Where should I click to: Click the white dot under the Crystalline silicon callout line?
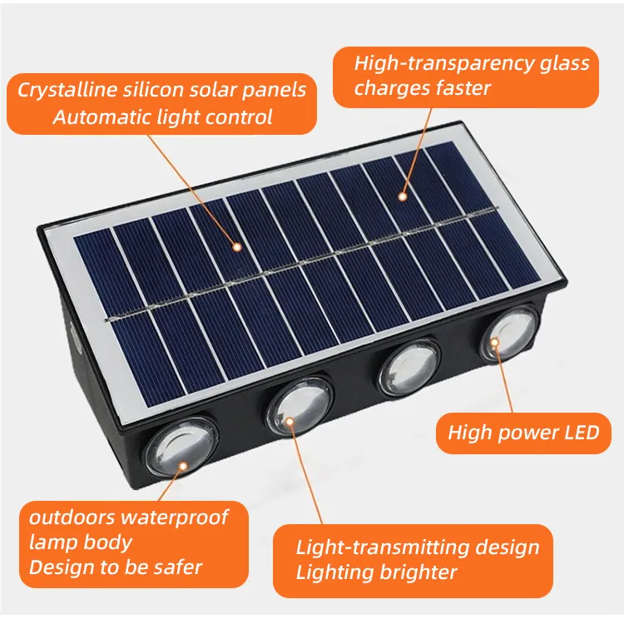[237, 246]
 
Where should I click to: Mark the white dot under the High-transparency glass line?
[402, 197]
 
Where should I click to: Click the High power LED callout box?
[523, 432]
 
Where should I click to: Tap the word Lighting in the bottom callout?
[334, 572]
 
